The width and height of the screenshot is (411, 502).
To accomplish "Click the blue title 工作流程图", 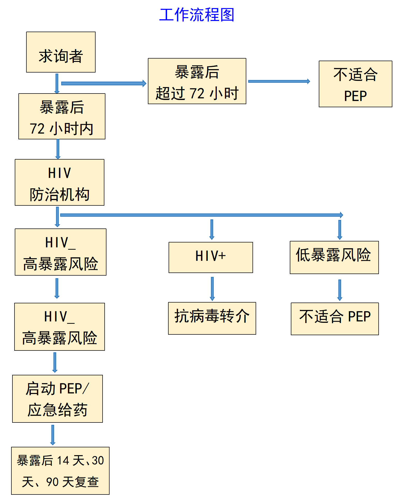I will point(197,15).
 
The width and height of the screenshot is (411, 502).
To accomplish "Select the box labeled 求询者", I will point(61,52).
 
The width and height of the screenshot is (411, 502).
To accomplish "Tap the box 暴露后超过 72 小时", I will point(197,81).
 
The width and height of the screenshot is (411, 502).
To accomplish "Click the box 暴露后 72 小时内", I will point(62,116).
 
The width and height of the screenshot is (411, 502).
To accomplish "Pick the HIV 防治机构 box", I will point(60,182).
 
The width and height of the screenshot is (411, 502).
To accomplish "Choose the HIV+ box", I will point(211,257).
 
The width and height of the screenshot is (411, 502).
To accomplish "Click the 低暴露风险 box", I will point(334,257).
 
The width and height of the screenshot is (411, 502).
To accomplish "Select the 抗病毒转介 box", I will point(212,318).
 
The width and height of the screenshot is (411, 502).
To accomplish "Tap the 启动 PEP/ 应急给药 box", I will point(57,399).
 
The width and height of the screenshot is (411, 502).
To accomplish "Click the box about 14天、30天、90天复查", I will point(60,471).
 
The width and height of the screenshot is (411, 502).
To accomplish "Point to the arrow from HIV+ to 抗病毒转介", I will point(212,288).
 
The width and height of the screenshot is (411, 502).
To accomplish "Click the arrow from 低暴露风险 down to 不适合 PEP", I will point(340,290).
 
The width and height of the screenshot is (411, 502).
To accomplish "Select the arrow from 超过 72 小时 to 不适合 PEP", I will point(279,81).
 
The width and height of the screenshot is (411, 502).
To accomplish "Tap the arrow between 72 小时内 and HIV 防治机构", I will point(58,149).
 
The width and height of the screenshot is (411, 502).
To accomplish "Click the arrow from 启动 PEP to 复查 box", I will point(53,435).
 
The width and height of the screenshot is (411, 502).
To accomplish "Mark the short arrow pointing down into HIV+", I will point(212,229).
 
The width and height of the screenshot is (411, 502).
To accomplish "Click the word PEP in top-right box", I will point(355,96).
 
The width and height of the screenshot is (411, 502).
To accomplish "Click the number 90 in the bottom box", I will point(52,482).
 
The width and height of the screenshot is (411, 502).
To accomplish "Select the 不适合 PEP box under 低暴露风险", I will point(335,319).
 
